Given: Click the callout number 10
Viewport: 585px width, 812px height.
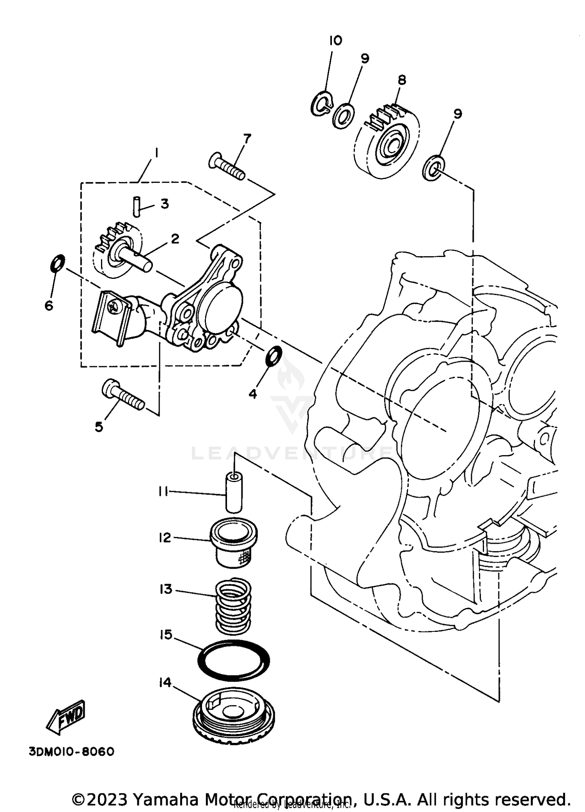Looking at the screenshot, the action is click(x=335, y=40).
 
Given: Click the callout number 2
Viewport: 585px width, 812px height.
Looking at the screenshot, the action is click(x=175, y=238).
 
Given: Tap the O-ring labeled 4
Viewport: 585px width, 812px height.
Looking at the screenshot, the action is click(x=274, y=355).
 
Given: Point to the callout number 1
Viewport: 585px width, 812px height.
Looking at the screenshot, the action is click(x=156, y=153).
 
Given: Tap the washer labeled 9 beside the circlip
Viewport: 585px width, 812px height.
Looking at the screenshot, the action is click(x=344, y=116).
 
